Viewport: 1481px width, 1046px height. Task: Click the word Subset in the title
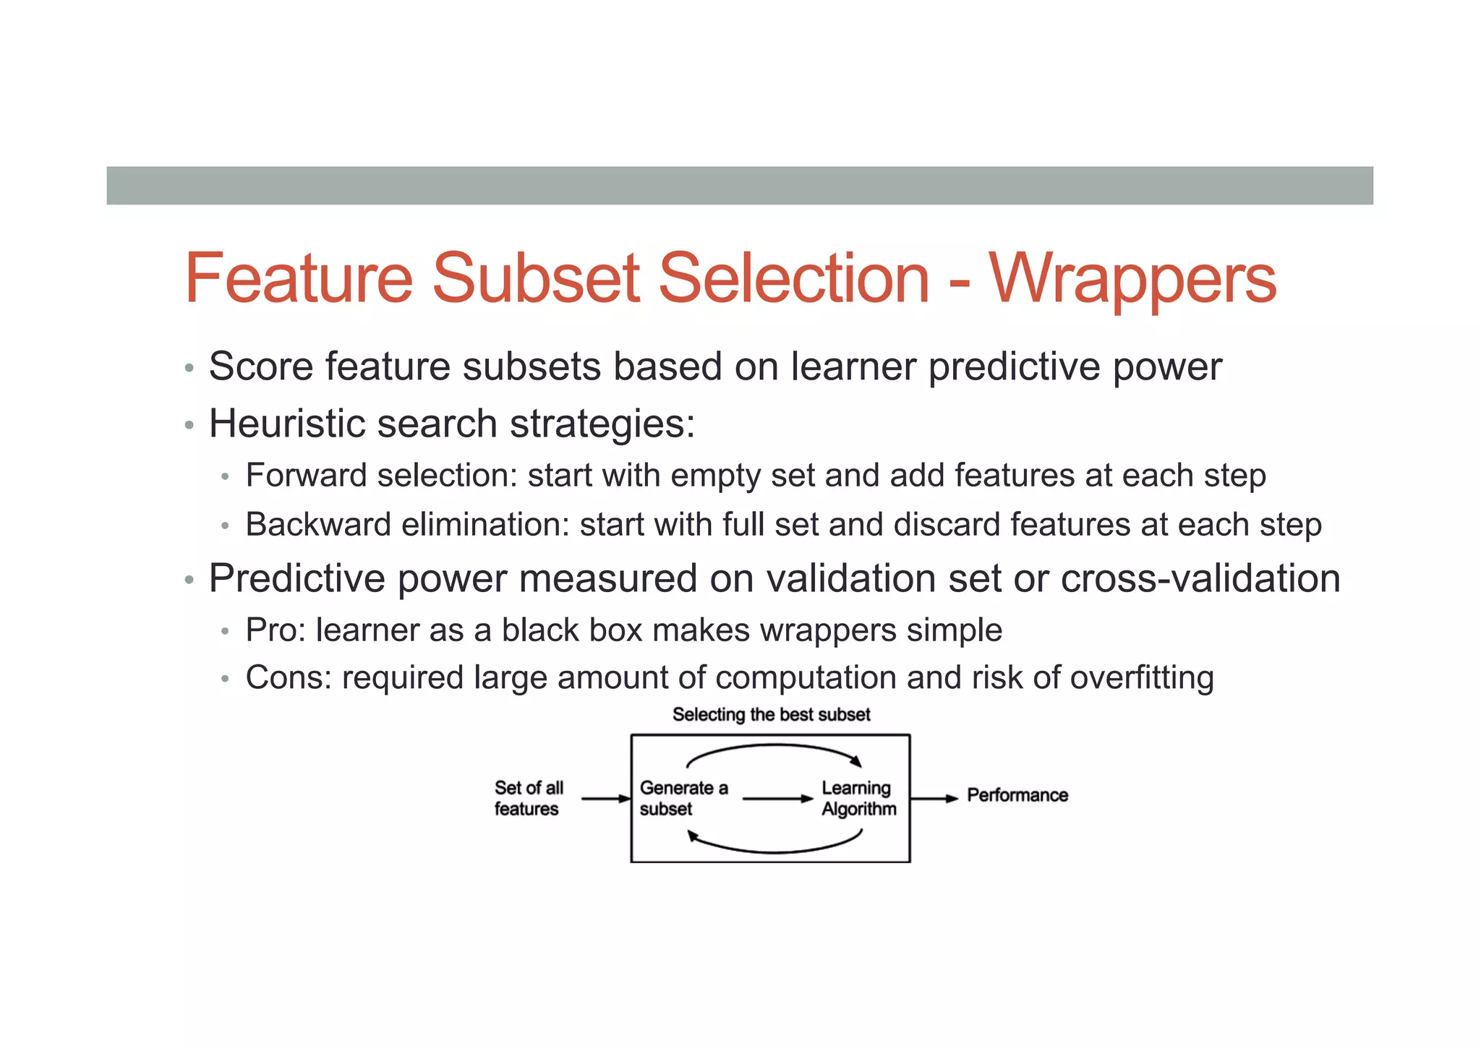click(535, 278)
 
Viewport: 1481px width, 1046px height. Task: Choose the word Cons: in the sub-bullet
click(288, 678)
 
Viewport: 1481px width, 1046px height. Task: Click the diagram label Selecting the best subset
click(771, 715)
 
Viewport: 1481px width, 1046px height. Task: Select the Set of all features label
click(529, 798)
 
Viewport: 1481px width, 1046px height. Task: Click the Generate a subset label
click(683, 798)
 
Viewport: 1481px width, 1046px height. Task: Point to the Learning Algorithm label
click(858, 798)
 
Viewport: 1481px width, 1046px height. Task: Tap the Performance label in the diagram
click(1017, 795)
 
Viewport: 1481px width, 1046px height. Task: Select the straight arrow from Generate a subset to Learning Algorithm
click(777, 799)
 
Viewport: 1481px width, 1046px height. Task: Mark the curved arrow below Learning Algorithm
click(773, 849)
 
